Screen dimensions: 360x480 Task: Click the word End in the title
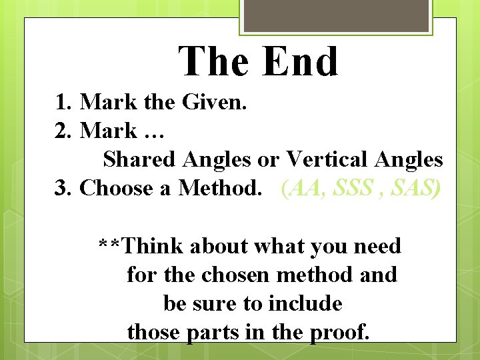[300, 62]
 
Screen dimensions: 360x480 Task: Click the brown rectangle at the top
[335, 15]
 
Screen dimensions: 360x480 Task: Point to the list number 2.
[63, 131]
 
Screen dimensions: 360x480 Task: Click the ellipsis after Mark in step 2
[153, 133]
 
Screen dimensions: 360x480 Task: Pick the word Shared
[139, 159]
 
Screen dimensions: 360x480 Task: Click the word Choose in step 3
[116, 188]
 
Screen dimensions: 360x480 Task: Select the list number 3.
[63, 188]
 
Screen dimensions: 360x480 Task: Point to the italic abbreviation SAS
[415, 188]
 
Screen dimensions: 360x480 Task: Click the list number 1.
[63, 102]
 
